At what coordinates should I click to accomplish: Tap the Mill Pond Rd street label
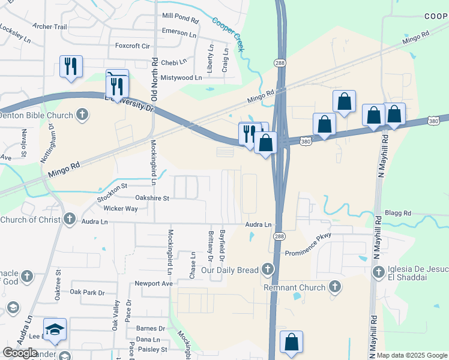tap(180, 19)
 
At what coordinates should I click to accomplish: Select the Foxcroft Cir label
tap(132, 46)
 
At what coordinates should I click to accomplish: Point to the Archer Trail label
tap(50, 26)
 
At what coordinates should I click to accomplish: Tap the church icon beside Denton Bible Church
tap(82, 115)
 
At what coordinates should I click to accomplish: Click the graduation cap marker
tap(55, 330)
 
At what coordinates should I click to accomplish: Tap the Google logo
tap(20, 353)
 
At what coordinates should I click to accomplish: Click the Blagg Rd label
tap(399, 213)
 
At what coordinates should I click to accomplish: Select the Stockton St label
tap(112, 188)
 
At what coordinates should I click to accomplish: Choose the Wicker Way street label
tap(121, 209)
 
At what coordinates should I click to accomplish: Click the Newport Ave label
tap(154, 283)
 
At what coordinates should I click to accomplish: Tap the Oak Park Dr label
tap(87, 292)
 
